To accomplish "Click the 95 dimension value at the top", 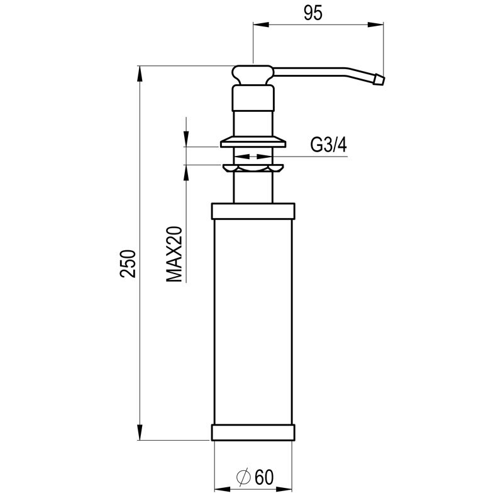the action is [x=312, y=13].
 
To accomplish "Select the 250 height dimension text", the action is [x=128, y=263].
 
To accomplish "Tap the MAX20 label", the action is [x=174, y=255].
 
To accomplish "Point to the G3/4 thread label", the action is [x=329, y=145].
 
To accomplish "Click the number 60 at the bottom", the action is [x=264, y=477].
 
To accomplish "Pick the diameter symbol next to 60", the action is [x=243, y=477].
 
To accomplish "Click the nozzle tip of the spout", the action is [x=379, y=80].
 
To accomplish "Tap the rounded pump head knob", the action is [x=253, y=75].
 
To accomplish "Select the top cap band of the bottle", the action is [x=253, y=211].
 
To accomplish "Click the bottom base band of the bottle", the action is [x=253, y=433].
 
